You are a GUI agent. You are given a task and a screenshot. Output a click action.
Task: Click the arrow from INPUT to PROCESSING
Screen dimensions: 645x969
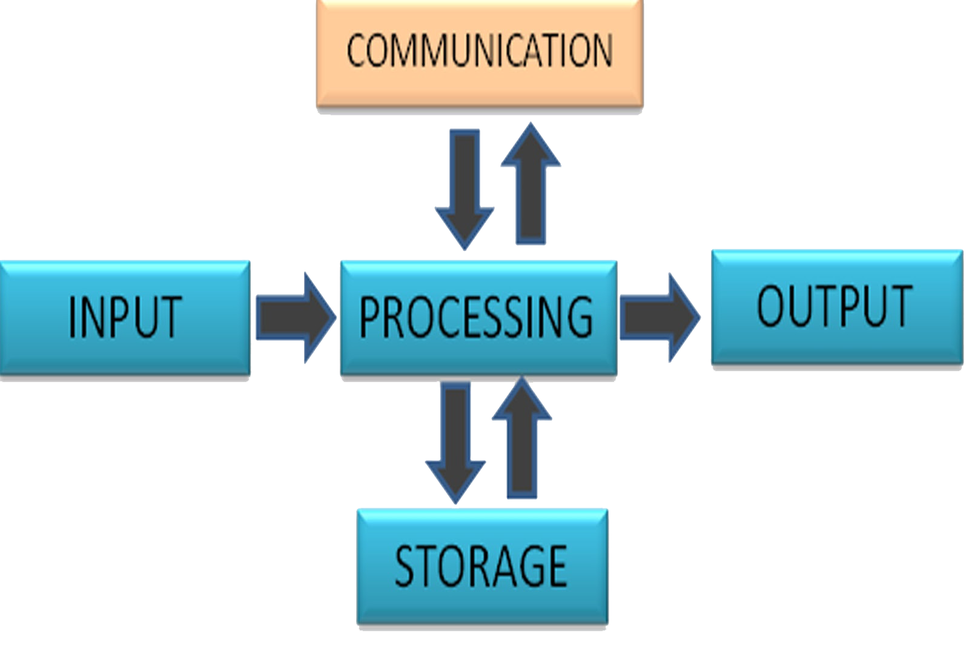click(294, 318)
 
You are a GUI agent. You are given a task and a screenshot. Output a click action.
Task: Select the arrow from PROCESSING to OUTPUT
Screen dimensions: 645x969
click(659, 317)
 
